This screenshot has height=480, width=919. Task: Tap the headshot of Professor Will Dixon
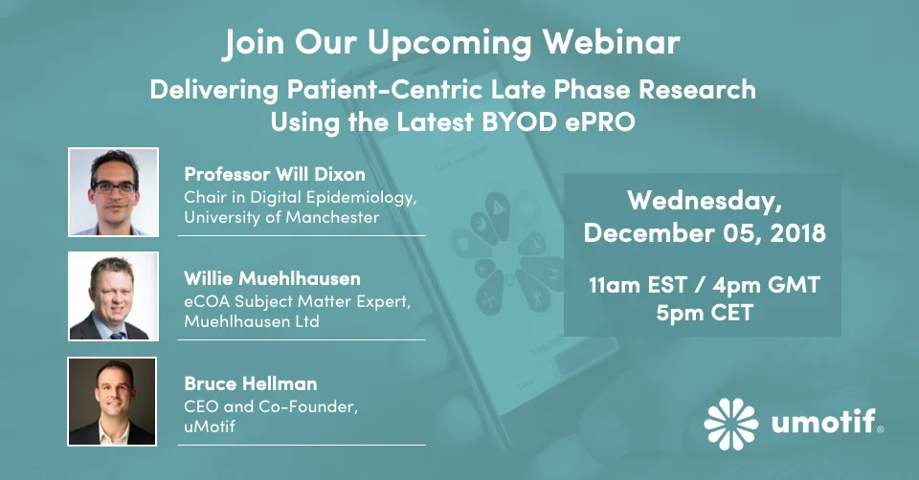(x=113, y=191)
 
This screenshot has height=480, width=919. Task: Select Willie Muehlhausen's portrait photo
(x=113, y=295)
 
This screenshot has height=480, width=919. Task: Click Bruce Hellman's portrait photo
(x=113, y=401)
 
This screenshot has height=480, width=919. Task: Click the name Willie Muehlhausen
(x=272, y=279)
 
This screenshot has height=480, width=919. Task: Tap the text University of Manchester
(x=281, y=217)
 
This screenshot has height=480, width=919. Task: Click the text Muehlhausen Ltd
(x=252, y=321)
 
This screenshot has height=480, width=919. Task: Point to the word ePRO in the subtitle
(x=598, y=122)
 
